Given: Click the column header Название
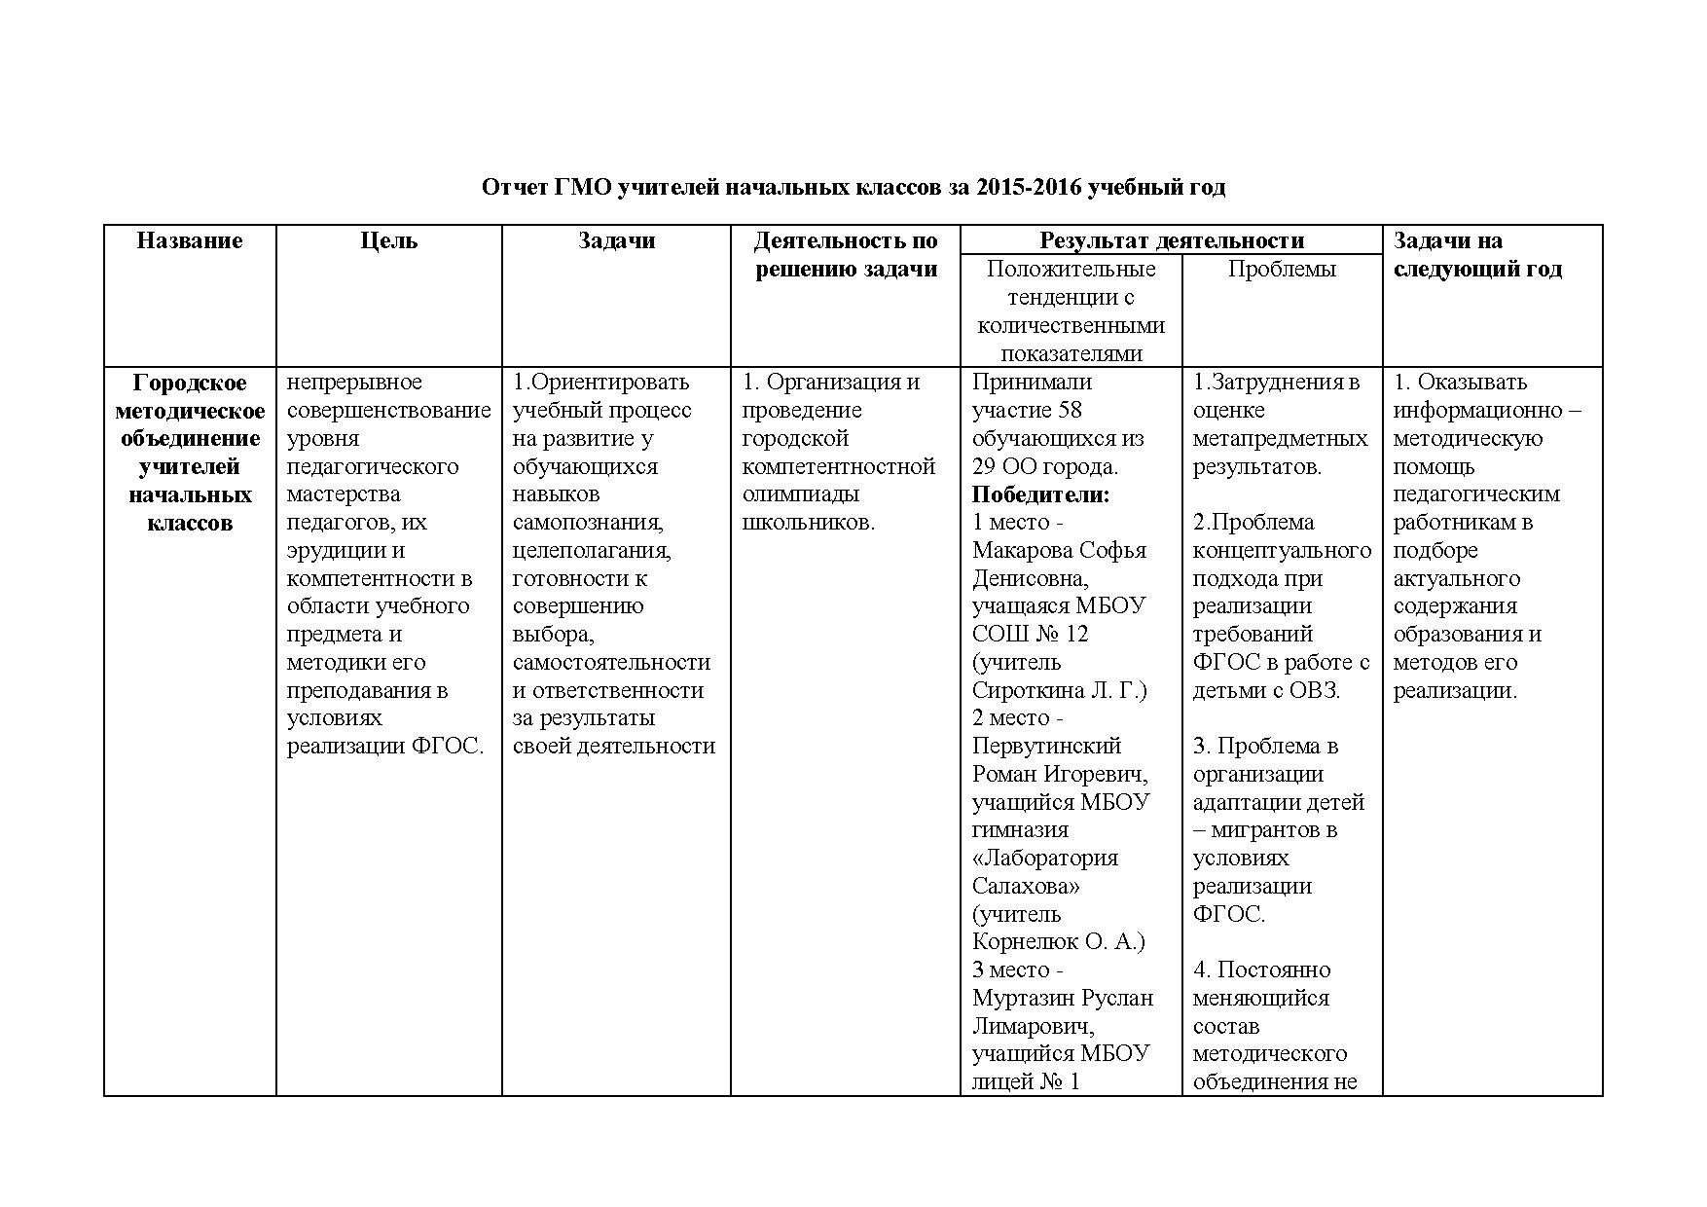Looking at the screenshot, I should (190, 240).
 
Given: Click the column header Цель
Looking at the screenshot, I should (388, 240).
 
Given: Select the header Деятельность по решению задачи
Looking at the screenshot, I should (845, 254).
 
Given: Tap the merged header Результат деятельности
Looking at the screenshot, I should (1171, 240).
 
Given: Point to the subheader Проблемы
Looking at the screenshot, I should (1282, 269).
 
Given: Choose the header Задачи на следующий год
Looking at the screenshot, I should (1477, 254).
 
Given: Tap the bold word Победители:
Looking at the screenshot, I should (1040, 494).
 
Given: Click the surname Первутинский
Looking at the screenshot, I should (1046, 746).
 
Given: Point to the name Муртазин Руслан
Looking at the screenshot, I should (1063, 998).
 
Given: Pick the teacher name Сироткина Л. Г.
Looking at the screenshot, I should (1058, 690).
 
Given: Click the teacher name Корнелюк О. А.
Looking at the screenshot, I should (1057, 941).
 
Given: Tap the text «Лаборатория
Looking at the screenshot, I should (1045, 858).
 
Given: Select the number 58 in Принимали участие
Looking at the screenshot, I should (1069, 410).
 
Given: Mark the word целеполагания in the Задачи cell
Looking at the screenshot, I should (592, 550).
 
